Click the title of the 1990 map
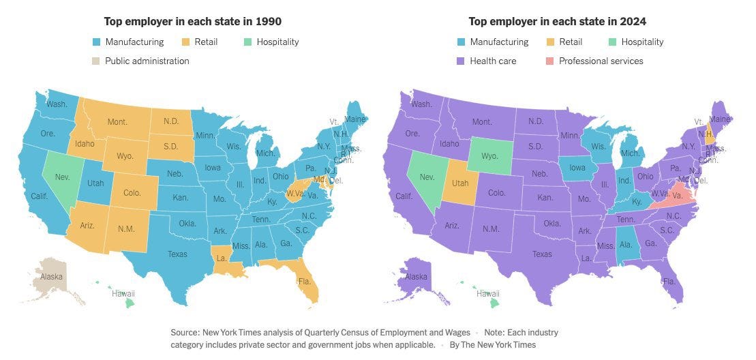pyautogui.click(x=192, y=22)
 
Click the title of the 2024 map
pyautogui.click(x=557, y=22)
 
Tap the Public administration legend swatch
pyautogui.click(x=96, y=61)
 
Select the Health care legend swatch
pyautogui.click(x=461, y=61)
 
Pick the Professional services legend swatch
pyautogui.click(x=550, y=61)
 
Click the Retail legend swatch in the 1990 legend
pyautogui.click(x=185, y=42)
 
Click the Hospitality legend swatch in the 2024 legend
pyautogui.click(x=613, y=42)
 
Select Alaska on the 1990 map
pyautogui.click(x=52, y=277)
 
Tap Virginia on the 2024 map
pyautogui.click(x=674, y=194)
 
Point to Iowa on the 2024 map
pyautogui.click(x=578, y=167)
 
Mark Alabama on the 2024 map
pyautogui.click(x=626, y=245)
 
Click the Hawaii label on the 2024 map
pyautogui.click(x=488, y=294)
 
